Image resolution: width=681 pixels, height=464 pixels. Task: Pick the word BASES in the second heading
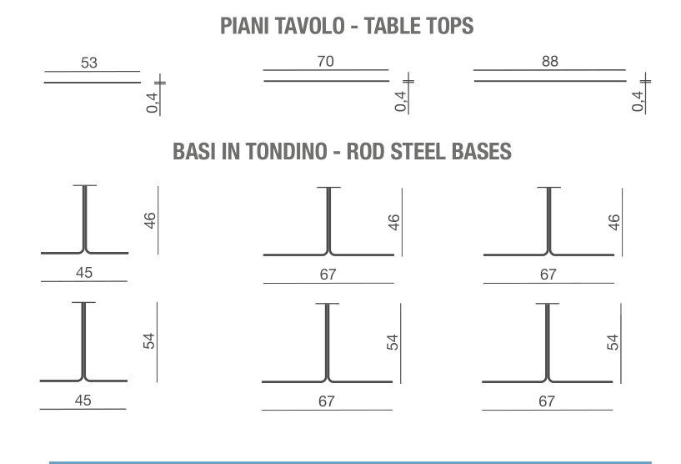pyautogui.click(x=483, y=152)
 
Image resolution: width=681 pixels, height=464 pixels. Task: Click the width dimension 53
pyautogui.click(x=89, y=63)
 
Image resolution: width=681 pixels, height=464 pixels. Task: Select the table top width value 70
pyautogui.click(x=325, y=61)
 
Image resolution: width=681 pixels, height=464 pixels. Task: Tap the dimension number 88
pyautogui.click(x=549, y=61)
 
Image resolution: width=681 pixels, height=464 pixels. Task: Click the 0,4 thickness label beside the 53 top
pyautogui.click(x=152, y=100)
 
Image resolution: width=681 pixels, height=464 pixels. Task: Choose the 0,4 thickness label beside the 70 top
pyautogui.click(x=401, y=100)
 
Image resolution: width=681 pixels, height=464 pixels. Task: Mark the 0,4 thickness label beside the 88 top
pyautogui.click(x=638, y=100)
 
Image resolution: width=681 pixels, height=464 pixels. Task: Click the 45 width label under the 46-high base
pyautogui.click(x=84, y=273)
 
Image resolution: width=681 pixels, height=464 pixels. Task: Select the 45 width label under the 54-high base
pyautogui.click(x=83, y=401)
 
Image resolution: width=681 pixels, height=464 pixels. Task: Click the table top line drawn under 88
pyautogui.click(x=549, y=81)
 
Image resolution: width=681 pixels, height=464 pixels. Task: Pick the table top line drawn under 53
pyautogui.click(x=92, y=83)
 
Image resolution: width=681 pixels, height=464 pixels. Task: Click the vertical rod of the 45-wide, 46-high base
pyautogui.click(x=84, y=217)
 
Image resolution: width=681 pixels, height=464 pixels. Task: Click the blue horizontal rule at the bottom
pyautogui.click(x=350, y=461)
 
